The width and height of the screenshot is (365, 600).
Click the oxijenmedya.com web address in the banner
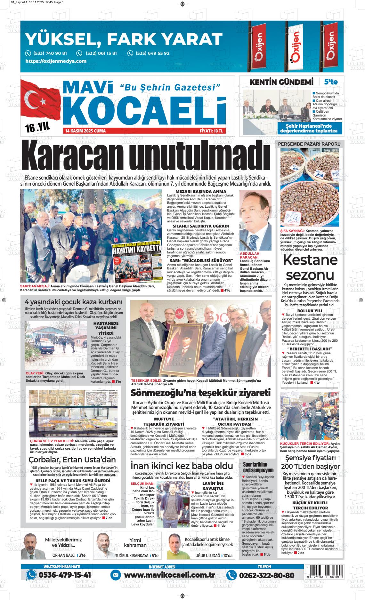click(x=56, y=61)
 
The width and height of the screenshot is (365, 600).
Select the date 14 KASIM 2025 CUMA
click(x=85, y=131)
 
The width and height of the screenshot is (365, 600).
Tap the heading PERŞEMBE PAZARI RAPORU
click(x=309, y=144)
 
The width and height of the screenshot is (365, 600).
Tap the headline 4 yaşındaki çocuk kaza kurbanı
click(x=74, y=302)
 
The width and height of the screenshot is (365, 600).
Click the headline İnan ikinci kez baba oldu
click(x=182, y=465)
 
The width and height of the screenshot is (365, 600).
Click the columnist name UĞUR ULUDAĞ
click(x=207, y=556)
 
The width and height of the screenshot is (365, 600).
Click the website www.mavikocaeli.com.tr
click(x=169, y=575)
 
